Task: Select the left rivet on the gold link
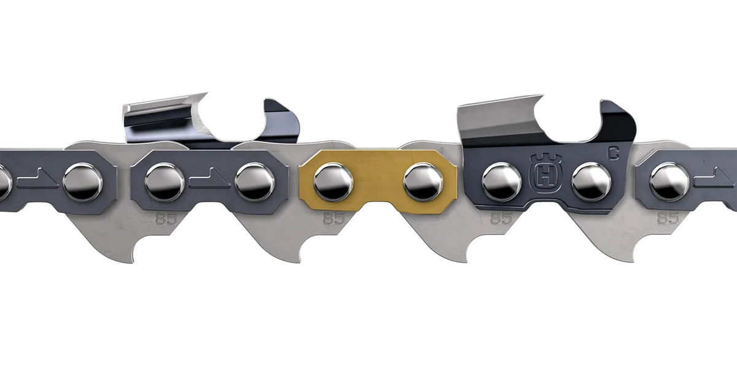point(333,182)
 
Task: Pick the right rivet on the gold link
point(423,182)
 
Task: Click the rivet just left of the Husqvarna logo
point(501,182)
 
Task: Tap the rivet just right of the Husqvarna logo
point(591,182)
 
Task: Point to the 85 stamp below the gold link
point(333,218)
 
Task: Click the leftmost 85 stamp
point(166,219)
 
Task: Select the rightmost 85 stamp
point(668,218)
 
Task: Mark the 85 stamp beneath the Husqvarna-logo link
point(501,218)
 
